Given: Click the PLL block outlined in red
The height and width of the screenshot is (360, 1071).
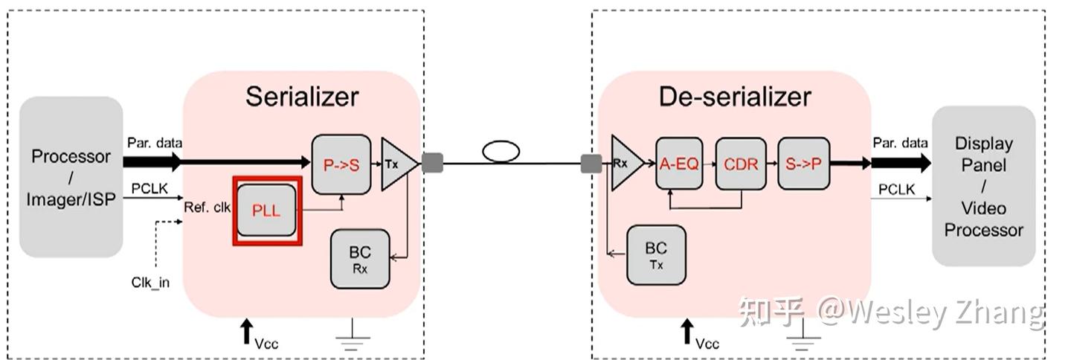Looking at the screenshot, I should [266, 210].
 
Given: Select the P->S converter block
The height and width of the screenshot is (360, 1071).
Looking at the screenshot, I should [341, 165].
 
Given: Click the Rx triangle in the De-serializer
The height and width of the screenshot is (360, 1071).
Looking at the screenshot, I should [623, 163].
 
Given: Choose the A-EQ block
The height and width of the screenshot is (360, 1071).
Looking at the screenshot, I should [679, 164].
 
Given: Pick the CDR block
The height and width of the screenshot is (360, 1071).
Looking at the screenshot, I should [740, 164].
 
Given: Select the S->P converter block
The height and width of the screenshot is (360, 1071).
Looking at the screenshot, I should [803, 164].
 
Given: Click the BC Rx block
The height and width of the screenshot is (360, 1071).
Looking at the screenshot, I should [360, 258].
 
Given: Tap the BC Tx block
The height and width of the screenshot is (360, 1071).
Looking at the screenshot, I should [655, 255].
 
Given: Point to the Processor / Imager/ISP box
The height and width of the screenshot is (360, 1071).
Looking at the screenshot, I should [71, 177].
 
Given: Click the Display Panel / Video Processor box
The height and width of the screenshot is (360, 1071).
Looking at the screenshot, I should [983, 186].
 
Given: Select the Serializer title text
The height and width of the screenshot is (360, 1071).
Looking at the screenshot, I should [302, 97].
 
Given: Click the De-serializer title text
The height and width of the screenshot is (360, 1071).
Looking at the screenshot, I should [734, 97].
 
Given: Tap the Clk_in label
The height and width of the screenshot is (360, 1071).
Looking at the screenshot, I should [150, 282].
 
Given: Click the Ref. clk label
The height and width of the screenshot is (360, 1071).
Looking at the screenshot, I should [208, 208].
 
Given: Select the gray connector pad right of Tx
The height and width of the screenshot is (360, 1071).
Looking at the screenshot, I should [432, 163].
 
